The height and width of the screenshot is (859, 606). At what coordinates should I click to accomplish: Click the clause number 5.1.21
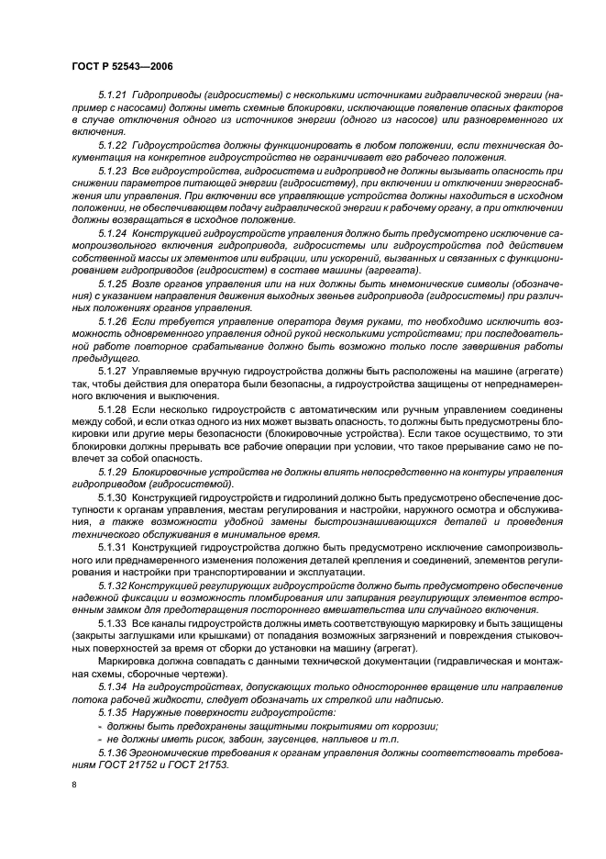pyautogui.click(x=112, y=95)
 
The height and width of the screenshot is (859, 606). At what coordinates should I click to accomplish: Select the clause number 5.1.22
pyautogui.click(x=112, y=145)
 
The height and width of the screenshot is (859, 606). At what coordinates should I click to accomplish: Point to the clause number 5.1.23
pyautogui.click(x=112, y=172)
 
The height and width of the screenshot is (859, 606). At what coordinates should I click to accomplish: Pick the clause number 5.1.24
pyautogui.click(x=112, y=233)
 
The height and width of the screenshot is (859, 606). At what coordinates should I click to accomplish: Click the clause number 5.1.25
pyautogui.click(x=112, y=284)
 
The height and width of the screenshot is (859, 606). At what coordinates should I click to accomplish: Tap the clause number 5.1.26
pyautogui.click(x=112, y=322)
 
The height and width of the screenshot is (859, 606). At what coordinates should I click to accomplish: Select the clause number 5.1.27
pyautogui.click(x=112, y=371)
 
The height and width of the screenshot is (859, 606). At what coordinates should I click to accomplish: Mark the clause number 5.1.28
pyautogui.click(x=112, y=408)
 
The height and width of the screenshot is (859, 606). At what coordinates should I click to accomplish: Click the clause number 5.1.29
pyautogui.click(x=112, y=471)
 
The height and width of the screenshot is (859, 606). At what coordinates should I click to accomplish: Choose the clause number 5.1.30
pyautogui.click(x=112, y=496)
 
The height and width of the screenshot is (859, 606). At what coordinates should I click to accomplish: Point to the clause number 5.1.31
pyautogui.click(x=112, y=547)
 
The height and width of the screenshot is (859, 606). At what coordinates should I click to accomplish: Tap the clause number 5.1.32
pyautogui.click(x=112, y=584)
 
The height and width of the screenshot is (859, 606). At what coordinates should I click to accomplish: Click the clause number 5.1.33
pyautogui.click(x=112, y=622)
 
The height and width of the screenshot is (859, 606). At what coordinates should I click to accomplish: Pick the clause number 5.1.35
pyautogui.click(x=112, y=710)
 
